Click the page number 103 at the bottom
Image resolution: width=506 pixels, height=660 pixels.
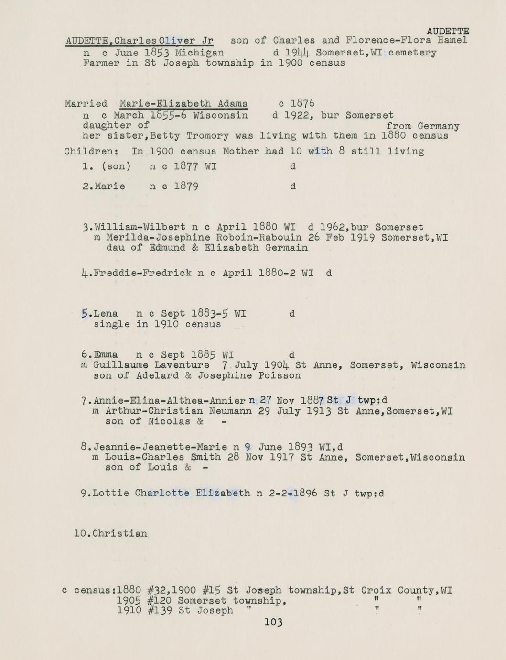(x=273, y=622)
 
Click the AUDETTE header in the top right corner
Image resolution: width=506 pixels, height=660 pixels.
(x=448, y=32)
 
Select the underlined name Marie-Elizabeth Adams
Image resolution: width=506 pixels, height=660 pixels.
(x=183, y=104)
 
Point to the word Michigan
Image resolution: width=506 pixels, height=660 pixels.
(x=199, y=53)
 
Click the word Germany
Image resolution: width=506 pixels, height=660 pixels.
(x=438, y=126)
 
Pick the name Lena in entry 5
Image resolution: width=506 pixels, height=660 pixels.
(x=106, y=314)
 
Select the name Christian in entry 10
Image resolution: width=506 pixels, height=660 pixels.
(x=120, y=533)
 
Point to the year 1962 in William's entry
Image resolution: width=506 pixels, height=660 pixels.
(x=332, y=227)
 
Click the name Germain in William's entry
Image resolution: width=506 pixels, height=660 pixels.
(x=287, y=248)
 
